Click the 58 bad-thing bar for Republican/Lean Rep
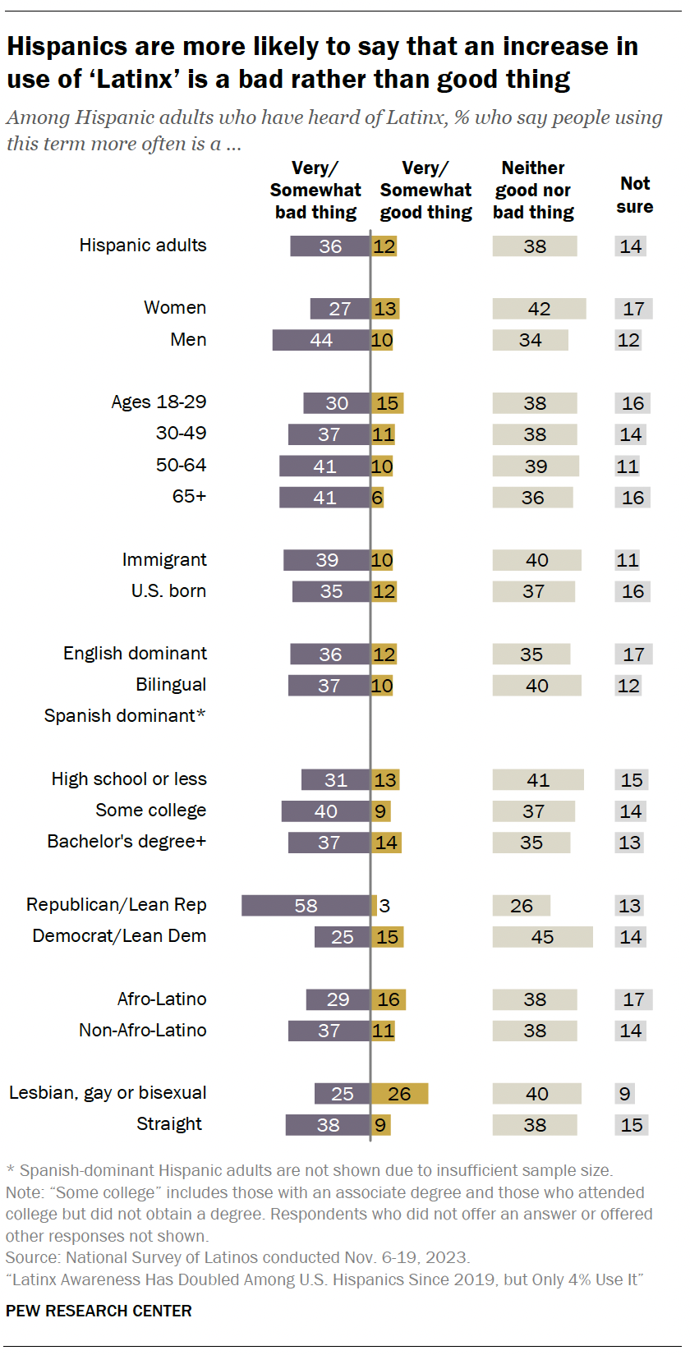(306, 906)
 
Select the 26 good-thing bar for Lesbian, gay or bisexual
(399, 1094)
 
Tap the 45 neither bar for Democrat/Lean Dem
(542, 937)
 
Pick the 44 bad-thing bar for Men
(321, 340)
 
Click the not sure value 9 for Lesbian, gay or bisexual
(625, 1094)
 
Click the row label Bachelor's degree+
(126, 842)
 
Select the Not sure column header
(634, 195)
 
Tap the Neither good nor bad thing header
(533, 191)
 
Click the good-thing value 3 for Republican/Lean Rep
(384, 906)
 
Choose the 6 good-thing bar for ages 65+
(377, 498)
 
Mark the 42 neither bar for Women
(539, 309)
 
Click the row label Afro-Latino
(162, 999)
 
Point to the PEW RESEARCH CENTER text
(99, 1311)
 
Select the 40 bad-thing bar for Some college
(325, 811)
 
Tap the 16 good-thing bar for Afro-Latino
(389, 999)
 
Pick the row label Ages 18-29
(159, 402)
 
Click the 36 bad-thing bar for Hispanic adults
(330, 246)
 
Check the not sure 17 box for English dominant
(633, 655)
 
